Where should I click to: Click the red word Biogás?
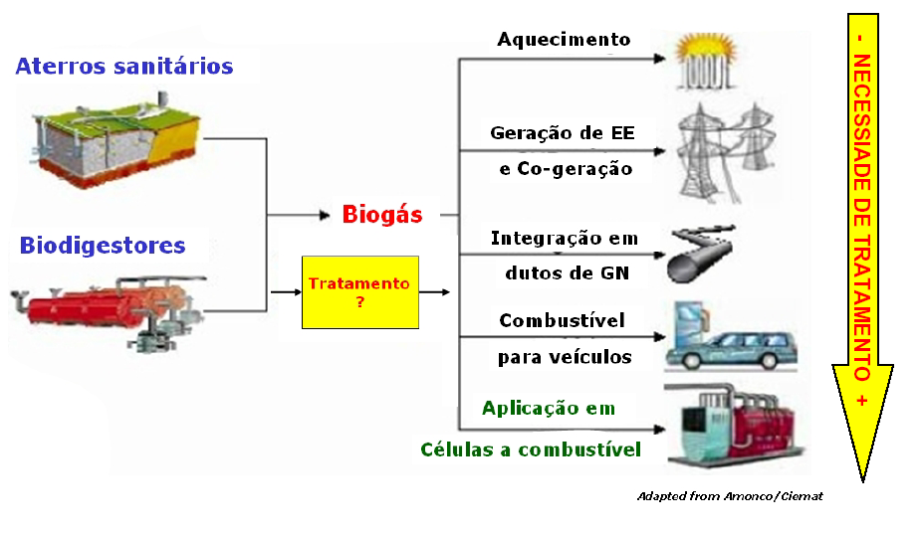coord(382,215)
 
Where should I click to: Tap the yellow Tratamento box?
coord(360,292)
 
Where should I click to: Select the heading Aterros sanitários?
coord(124,66)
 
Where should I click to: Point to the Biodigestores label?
coord(103,246)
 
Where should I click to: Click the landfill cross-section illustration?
coord(115,141)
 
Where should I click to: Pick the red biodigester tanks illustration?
coord(109,311)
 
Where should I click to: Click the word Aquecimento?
coord(564,40)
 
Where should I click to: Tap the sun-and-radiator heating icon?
coord(705,61)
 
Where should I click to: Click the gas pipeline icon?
coord(701,254)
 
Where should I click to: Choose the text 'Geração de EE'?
coord(563,133)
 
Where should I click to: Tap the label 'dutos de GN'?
coord(567,273)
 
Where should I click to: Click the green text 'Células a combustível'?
coord(531,449)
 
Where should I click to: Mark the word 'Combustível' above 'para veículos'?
coord(563,321)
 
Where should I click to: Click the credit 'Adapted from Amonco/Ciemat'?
coord(730,496)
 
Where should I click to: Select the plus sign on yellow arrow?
coord(862,401)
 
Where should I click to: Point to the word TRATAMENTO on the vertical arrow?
coord(862,308)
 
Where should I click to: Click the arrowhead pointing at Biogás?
coord(325,215)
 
